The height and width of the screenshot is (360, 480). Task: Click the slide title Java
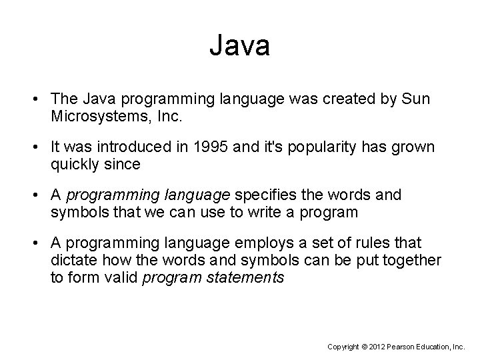[x=239, y=46]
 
